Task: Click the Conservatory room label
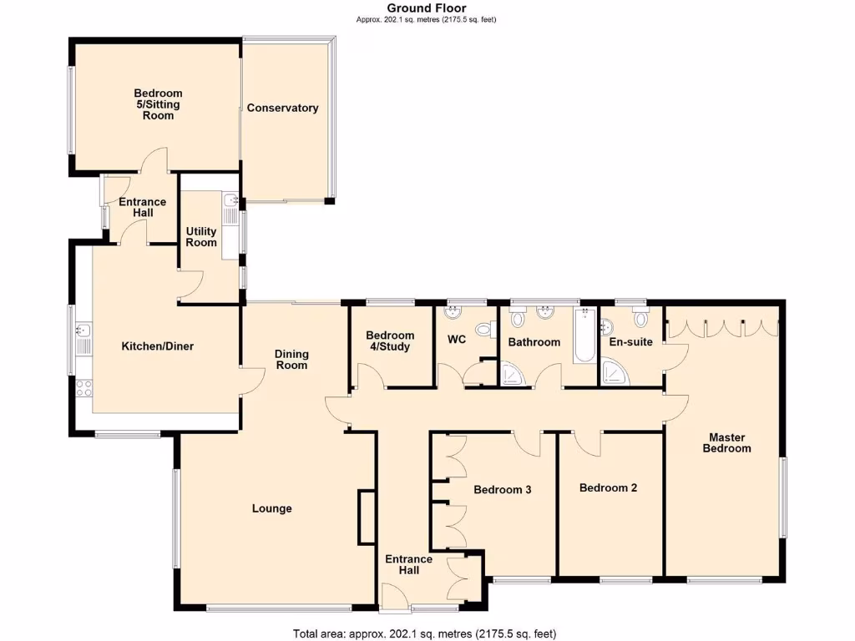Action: (282, 108)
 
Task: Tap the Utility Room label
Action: (201, 237)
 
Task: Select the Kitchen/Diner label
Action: (158, 346)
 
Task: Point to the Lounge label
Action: (272, 508)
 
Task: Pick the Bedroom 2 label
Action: (609, 487)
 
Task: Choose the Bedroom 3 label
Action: (503, 490)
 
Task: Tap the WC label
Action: (457, 340)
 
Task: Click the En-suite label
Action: (631, 341)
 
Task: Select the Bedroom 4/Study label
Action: (390, 341)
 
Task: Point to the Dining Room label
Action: (291, 360)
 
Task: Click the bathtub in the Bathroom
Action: (584, 336)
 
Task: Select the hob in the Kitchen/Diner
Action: (83, 387)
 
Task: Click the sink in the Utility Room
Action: (230, 201)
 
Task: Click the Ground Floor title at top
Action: (427, 8)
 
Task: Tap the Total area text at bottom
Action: (424, 633)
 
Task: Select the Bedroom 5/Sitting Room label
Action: (158, 104)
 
